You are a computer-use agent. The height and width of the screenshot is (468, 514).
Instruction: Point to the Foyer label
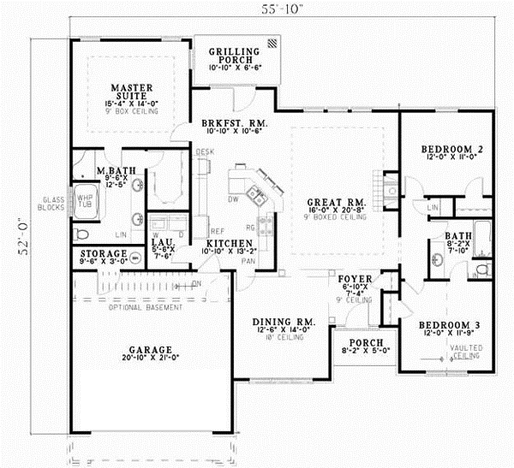tap(353, 279)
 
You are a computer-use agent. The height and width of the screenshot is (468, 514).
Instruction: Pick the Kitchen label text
tap(227, 244)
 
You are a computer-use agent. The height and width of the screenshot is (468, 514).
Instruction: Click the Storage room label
tap(105, 254)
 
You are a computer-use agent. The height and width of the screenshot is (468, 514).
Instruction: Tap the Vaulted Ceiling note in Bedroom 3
tap(467, 351)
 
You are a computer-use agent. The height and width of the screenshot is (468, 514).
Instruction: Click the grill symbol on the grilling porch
tap(272, 42)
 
